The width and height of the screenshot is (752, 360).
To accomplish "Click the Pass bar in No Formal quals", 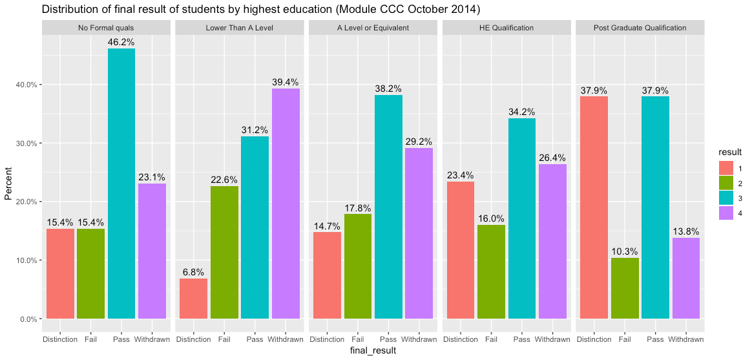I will click(x=121, y=184).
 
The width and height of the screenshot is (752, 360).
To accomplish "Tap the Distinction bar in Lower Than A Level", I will click(x=193, y=299).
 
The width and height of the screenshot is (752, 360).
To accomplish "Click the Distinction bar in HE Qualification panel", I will click(x=461, y=250).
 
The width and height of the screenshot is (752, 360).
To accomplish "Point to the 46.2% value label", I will click(x=121, y=43).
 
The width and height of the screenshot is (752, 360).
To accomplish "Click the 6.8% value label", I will click(x=193, y=273).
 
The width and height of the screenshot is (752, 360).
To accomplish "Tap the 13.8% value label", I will click(x=685, y=232).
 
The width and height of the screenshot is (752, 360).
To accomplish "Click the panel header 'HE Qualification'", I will click(x=507, y=28).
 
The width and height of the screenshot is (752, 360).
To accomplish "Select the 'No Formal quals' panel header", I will click(x=106, y=28).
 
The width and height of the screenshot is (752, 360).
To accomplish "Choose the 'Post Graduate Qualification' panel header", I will click(x=640, y=28).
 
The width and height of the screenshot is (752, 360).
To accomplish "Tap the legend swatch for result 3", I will click(x=726, y=198).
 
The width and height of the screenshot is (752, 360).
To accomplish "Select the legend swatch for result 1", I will click(x=726, y=167).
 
